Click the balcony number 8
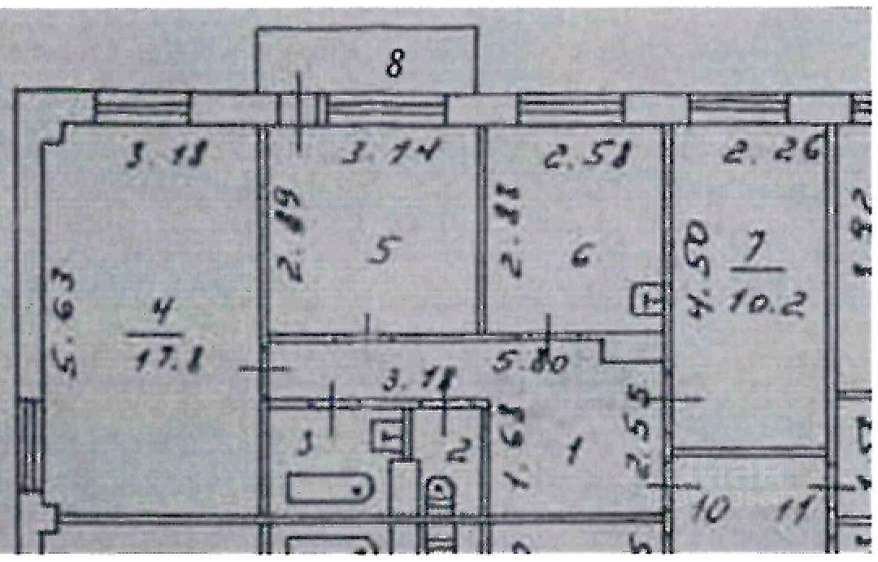394,64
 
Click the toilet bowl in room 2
440,492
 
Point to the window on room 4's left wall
31,444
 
